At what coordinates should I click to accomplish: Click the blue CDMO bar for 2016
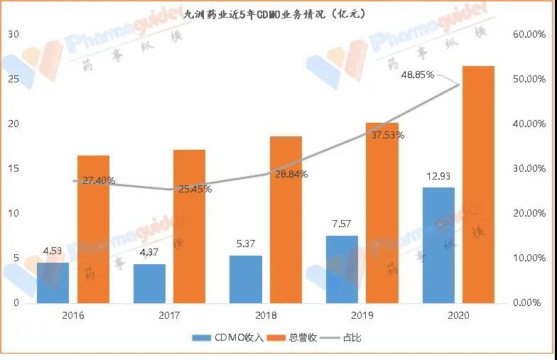53,283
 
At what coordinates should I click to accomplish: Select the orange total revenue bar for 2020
478,185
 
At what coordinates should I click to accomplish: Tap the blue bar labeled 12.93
438,245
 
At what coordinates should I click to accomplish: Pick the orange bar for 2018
286,219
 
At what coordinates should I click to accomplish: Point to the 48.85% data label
418,75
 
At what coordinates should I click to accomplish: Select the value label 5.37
246,243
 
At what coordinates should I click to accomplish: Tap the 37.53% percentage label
388,135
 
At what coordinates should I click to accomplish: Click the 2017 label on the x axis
170,315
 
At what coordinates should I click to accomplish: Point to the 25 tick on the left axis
13,79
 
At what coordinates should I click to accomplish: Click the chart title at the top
275,13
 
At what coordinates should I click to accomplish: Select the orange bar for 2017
189,227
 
